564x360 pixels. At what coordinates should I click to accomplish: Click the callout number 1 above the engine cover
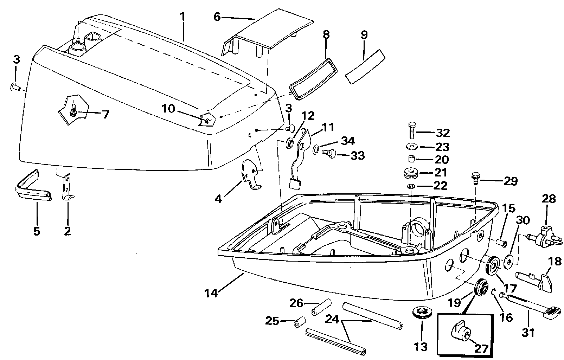pyautogui.click(x=182, y=17)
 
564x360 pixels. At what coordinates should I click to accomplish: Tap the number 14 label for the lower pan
pyautogui.click(x=211, y=292)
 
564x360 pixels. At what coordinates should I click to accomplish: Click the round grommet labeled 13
pyautogui.click(x=421, y=312)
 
